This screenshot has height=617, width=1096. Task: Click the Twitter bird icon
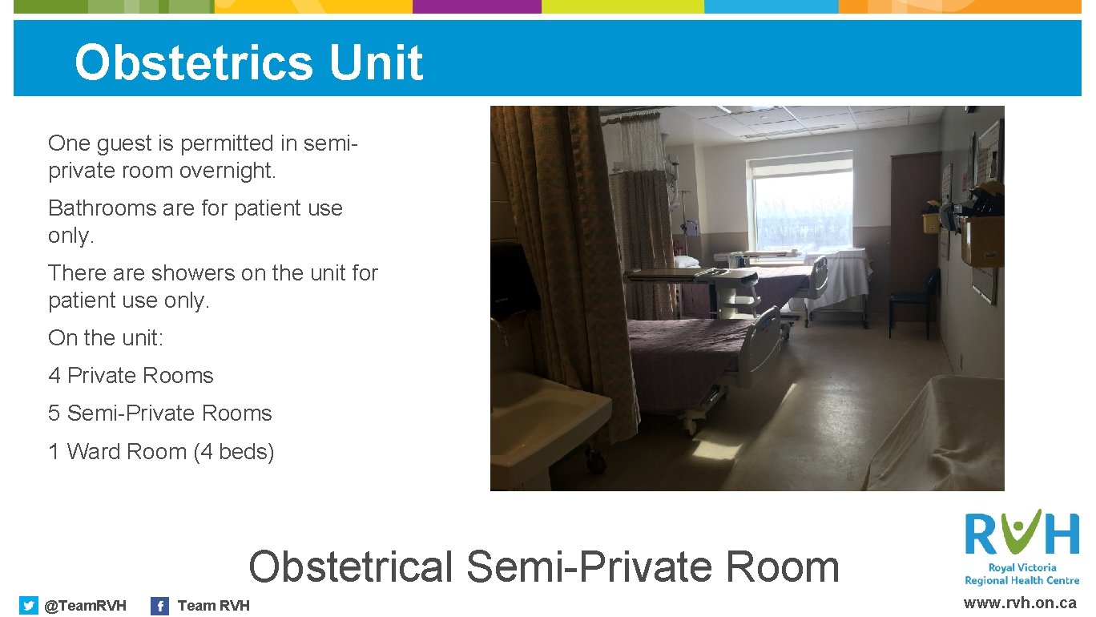(29, 606)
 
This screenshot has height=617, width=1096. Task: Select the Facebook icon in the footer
(160, 606)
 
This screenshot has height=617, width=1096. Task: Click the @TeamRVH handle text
(85, 606)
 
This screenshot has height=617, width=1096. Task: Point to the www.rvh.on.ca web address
(1020, 603)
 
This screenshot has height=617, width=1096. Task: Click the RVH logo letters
(1021, 534)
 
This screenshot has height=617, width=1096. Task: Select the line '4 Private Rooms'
(131, 376)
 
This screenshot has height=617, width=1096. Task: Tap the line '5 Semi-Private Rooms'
(159, 413)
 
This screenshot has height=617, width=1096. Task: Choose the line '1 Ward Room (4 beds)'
(161, 452)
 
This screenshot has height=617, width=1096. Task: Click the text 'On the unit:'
(106, 338)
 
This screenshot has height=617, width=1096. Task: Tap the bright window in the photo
(802, 210)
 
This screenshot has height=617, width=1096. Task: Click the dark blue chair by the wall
(913, 300)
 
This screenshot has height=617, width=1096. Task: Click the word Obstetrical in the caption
(351, 567)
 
